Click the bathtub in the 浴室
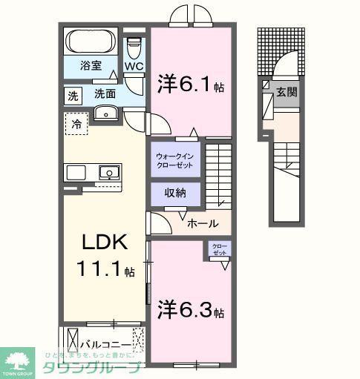click(89, 40)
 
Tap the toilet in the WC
click(133, 47)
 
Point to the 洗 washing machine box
click(73, 96)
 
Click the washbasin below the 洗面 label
click(105, 113)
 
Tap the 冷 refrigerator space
click(76, 125)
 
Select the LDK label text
click(104, 243)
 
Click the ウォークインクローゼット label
click(176, 160)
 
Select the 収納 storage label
click(176, 193)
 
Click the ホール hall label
click(202, 223)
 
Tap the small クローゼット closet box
click(220, 250)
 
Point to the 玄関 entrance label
click(287, 93)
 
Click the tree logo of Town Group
click(19, 360)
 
